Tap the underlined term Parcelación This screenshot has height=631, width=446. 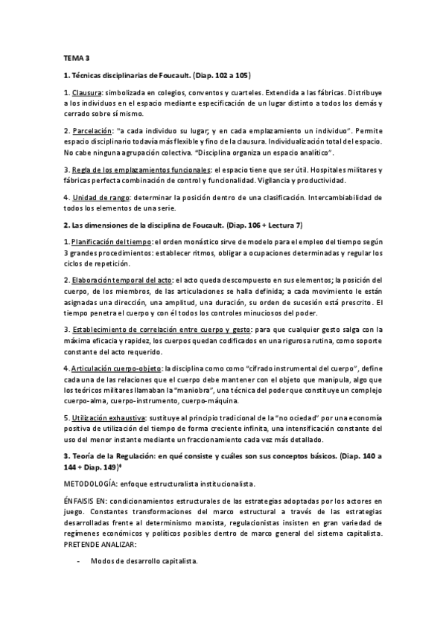94,131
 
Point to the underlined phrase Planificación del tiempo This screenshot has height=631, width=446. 111,243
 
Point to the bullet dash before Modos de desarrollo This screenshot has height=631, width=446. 79,562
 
